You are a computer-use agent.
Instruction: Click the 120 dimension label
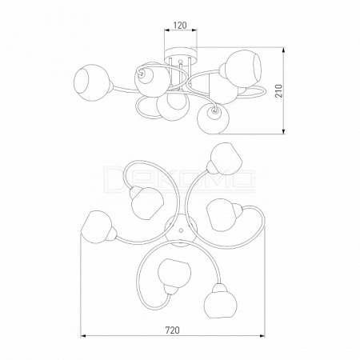click(x=180, y=25)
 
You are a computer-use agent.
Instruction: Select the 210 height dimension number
click(x=278, y=90)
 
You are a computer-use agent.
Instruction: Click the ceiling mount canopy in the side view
click(x=181, y=54)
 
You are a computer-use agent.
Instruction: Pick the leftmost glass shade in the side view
click(x=91, y=83)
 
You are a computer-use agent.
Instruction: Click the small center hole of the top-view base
click(x=181, y=230)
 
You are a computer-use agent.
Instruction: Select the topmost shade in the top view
click(x=226, y=159)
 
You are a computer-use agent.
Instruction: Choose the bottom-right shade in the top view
click(x=219, y=301)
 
